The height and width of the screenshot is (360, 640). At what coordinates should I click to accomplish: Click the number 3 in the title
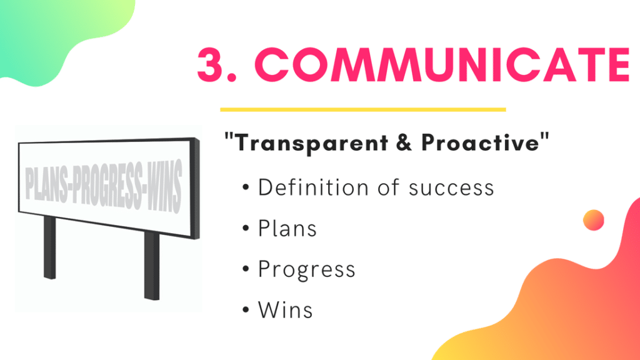click(211, 64)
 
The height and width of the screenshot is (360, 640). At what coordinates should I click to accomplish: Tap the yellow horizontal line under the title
click(363, 109)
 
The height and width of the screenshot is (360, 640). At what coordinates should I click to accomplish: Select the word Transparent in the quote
click(312, 143)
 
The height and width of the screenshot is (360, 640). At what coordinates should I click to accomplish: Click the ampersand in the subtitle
click(404, 143)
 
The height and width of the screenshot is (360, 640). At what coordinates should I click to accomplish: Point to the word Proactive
click(481, 142)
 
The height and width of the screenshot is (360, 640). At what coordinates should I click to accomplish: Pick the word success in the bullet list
click(451, 189)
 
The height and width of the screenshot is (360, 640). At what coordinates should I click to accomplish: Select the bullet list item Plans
click(287, 228)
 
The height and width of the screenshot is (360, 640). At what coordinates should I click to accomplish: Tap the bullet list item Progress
click(306, 270)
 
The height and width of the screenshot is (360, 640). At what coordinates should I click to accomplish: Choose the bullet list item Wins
click(285, 310)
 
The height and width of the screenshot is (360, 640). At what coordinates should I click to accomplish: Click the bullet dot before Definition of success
click(246, 187)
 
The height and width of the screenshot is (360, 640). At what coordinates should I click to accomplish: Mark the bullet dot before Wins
click(246, 310)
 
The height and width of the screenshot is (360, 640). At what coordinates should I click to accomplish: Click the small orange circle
click(594, 221)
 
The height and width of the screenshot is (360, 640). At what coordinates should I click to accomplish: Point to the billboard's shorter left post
click(50, 247)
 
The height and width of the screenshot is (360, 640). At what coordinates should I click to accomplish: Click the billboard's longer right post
click(152, 265)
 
